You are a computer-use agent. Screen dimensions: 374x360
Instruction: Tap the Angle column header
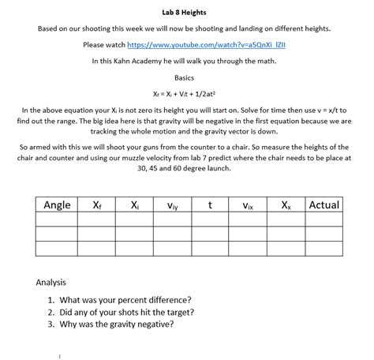coord(57,205)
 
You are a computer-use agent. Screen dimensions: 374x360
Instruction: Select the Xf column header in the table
coord(96,205)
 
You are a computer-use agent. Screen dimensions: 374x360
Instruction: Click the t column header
coord(209,205)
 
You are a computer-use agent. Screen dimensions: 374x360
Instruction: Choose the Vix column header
coord(247,206)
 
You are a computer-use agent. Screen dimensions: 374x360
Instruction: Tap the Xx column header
coord(285,205)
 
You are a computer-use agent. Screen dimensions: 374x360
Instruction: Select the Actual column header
coord(324,205)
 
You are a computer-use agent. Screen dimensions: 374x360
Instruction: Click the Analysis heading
coord(51,282)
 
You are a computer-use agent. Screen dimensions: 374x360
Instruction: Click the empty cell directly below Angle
coord(57,220)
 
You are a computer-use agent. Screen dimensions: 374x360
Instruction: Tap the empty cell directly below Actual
coord(324,220)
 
